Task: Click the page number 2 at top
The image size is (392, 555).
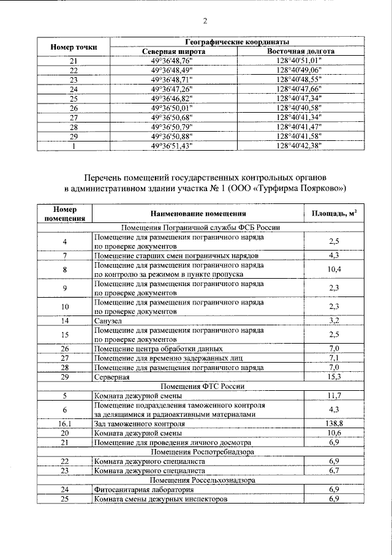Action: [x=205, y=21]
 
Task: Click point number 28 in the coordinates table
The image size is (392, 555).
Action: [x=73, y=127]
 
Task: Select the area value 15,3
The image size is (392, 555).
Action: [x=334, y=377]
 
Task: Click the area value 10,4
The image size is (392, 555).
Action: [x=334, y=270]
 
